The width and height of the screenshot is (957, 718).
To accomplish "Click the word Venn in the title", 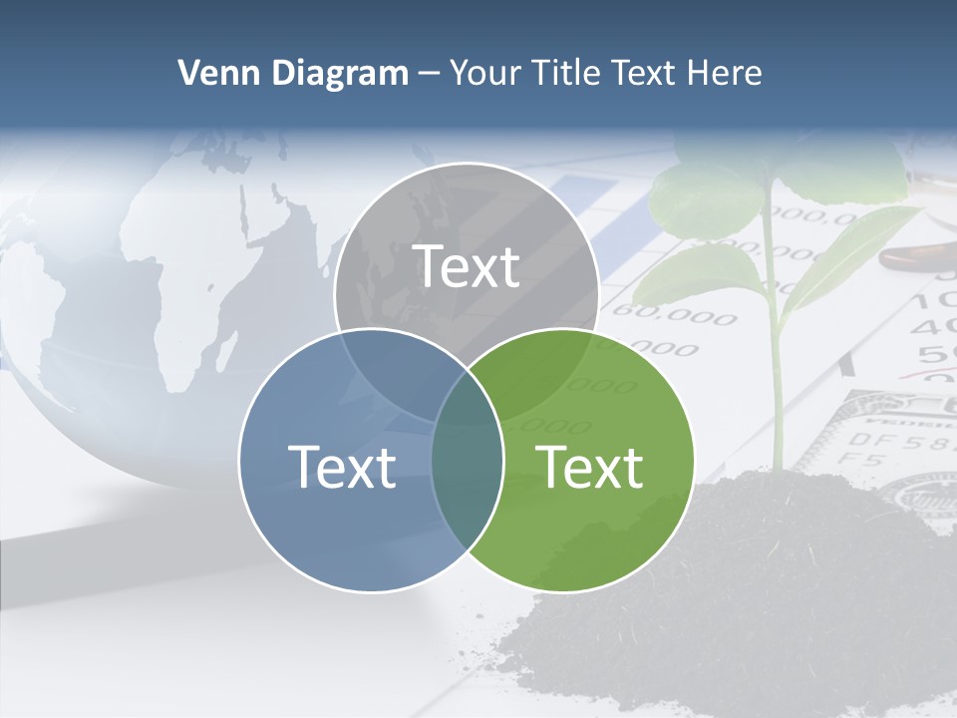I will tap(211, 73).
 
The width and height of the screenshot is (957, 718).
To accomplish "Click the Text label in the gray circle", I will tap(467, 266).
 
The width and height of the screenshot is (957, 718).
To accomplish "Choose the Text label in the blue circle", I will tap(342, 467).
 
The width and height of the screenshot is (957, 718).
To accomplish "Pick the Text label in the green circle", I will tap(590, 467).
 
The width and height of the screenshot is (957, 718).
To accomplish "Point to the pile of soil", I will tap(738, 588).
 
